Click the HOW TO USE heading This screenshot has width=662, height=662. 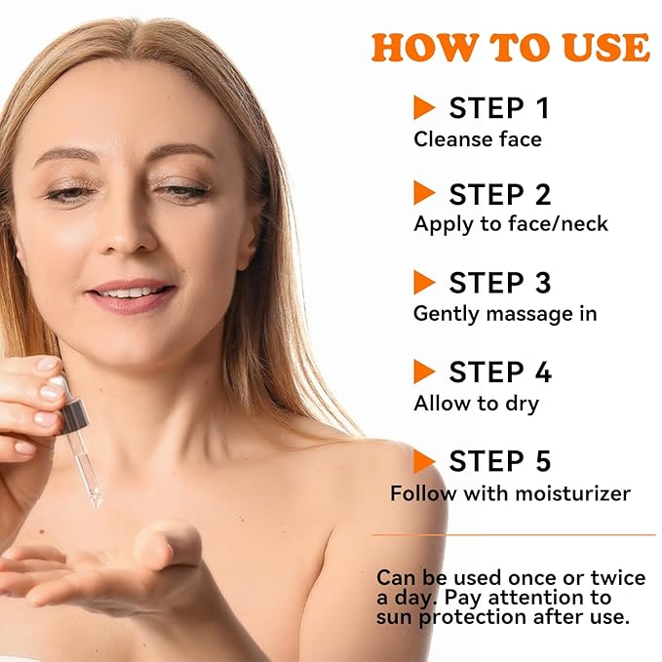(510, 46)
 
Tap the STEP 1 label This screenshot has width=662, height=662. (499, 107)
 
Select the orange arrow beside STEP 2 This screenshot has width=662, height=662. (424, 193)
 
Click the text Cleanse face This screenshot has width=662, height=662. (477, 138)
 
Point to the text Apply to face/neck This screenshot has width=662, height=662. (510, 223)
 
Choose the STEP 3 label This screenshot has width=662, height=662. (500, 283)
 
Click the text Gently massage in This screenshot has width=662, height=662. (505, 313)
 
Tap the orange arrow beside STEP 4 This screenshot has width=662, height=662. (424, 371)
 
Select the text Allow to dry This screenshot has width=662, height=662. (476, 402)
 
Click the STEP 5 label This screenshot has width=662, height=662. (500, 460)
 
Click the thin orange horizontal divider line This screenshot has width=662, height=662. (514, 534)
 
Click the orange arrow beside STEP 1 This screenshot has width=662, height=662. (424, 106)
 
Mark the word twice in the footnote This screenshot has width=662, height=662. (613, 577)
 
